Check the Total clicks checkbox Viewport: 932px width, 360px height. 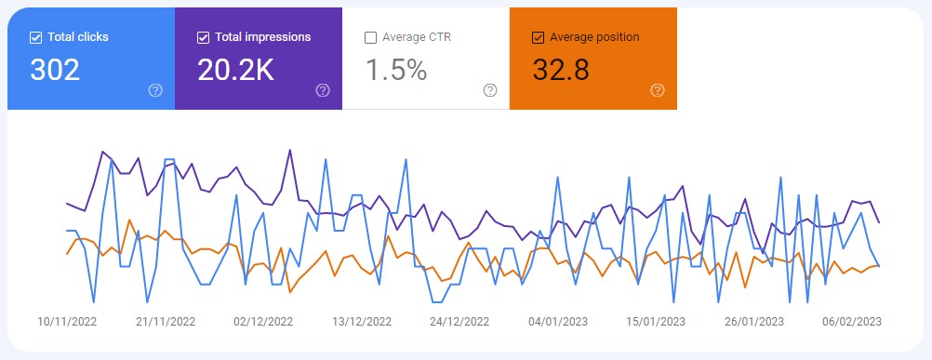pos(36,38)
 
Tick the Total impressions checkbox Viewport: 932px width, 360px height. pos(204,38)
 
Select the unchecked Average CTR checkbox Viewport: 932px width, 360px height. pos(371,38)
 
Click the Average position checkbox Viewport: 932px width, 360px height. pos(538,38)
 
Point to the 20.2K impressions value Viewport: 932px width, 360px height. pos(235,71)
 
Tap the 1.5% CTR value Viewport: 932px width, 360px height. pos(395,71)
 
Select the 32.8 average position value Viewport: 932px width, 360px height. pos(561,71)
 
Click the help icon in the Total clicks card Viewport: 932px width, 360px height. pos(155,90)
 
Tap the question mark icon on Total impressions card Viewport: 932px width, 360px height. pos(323,90)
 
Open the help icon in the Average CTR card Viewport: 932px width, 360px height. pos(490,90)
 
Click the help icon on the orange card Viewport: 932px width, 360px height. pos(658,90)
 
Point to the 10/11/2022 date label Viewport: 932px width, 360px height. pos(67,322)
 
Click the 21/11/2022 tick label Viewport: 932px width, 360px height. pos(166,322)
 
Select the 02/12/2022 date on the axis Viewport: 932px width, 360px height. pos(263,322)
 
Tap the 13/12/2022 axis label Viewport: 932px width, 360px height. pos(362,322)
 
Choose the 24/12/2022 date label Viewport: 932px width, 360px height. pos(459,322)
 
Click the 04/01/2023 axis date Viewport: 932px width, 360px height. pos(558,322)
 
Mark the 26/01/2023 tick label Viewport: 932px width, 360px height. pos(754,322)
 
